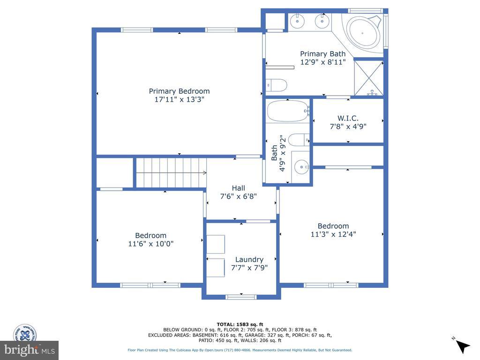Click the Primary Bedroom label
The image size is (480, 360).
click(179, 91)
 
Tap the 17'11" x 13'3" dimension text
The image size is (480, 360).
click(179, 99)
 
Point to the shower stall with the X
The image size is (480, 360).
click(368, 78)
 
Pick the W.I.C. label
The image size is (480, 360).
click(348, 118)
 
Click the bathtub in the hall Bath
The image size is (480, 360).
click(288, 111)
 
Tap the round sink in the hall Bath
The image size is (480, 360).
click(301, 167)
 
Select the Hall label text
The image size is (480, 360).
click(239, 188)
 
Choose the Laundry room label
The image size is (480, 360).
click(249, 260)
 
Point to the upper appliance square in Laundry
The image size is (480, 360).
click(216, 244)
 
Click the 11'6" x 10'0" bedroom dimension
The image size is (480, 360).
click(150, 244)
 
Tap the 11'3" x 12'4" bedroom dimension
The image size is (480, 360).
click(333, 234)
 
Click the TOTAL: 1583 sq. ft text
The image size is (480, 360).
click(240, 324)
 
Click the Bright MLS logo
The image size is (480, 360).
click(29, 350)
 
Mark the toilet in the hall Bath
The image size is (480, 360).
click(299, 140)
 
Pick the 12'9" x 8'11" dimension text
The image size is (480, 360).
click(323, 62)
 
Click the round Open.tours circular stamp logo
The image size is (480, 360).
click(25, 334)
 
